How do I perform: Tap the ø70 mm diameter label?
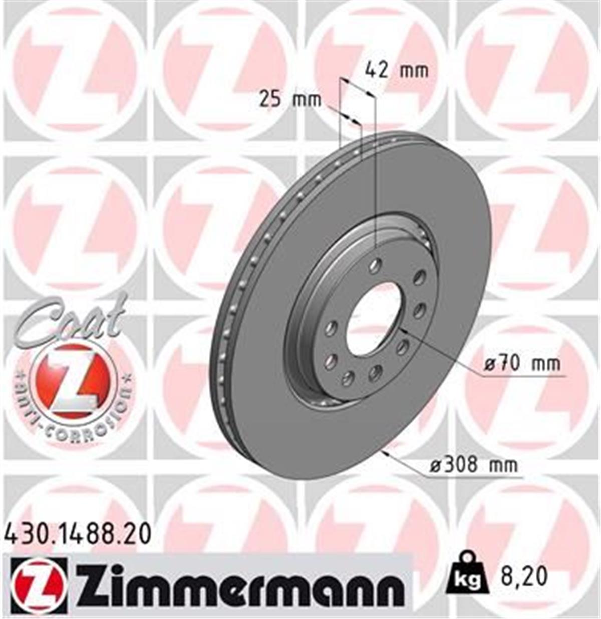(x=522, y=363)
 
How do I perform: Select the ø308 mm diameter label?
(x=473, y=465)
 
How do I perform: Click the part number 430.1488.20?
(x=78, y=534)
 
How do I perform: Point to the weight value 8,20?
(x=523, y=576)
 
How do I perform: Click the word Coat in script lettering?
(x=70, y=320)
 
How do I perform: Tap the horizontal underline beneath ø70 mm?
(x=521, y=374)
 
